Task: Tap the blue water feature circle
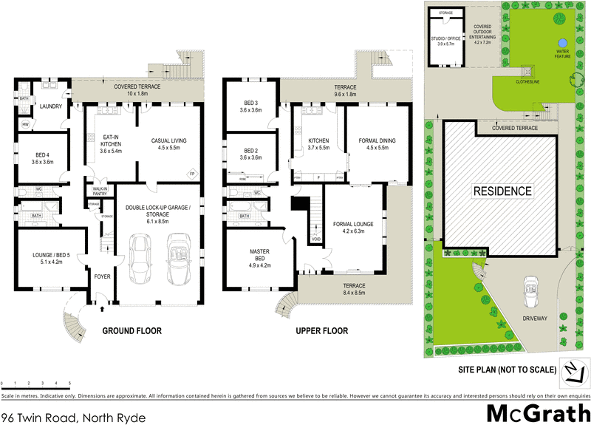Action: click(x=562, y=41)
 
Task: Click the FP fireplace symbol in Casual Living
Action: click(x=191, y=172)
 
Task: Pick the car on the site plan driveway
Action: click(x=529, y=286)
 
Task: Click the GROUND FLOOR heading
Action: click(x=131, y=330)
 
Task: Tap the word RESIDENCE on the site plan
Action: click(x=502, y=191)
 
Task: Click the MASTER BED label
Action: click(x=262, y=255)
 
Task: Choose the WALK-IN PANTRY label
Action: click(x=99, y=191)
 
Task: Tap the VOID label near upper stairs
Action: click(x=316, y=239)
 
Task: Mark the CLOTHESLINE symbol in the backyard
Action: click(x=527, y=72)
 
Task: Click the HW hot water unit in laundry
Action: click(x=25, y=123)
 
